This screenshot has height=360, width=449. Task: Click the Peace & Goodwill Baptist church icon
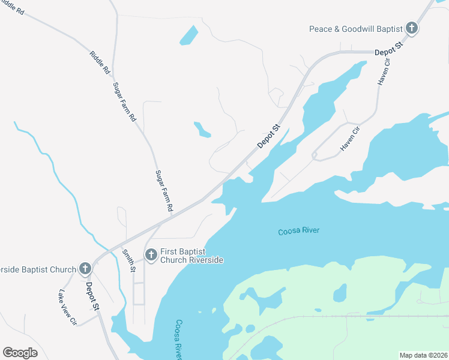[x=412, y=28]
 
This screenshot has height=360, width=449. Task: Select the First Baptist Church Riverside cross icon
[x=151, y=256]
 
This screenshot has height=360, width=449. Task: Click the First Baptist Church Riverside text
[x=191, y=256]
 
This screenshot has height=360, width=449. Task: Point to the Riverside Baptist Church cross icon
[x=85, y=269]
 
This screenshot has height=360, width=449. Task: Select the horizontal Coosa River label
[x=299, y=231]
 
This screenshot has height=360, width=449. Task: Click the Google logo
[x=20, y=353]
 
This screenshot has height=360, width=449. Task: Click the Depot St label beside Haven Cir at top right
[x=388, y=49]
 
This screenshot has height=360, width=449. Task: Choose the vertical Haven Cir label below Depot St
[x=384, y=71]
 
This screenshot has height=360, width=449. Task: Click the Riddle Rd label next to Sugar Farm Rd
[x=100, y=62]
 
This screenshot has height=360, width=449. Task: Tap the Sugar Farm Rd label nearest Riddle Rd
[x=125, y=102]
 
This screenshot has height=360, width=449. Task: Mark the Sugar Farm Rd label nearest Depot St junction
[x=164, y=191]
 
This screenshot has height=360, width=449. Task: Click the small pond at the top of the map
[x=188, y=35]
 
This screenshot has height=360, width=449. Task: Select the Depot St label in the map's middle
[x=269, y=136]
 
